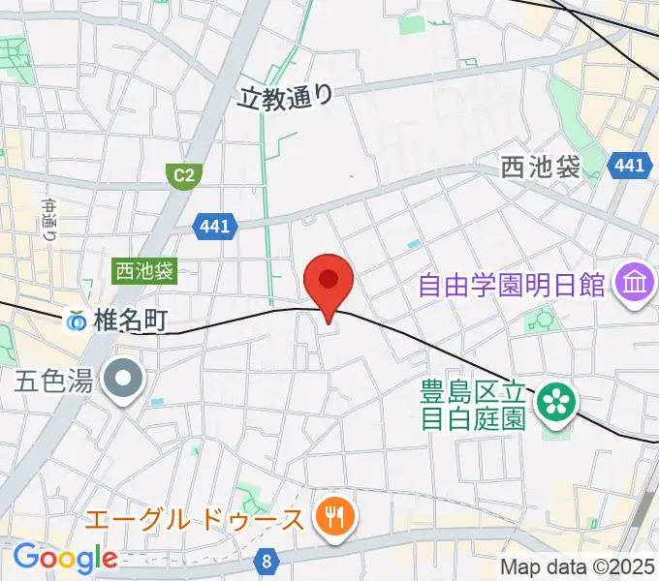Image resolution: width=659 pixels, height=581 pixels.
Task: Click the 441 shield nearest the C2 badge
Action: pyautogui.click(x=213, y=226)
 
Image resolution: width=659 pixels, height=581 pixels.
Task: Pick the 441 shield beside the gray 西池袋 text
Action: pyautogui.click(x=629, y=167)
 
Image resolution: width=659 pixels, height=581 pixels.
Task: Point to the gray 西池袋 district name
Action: pyautogui.click(x=541, y=168)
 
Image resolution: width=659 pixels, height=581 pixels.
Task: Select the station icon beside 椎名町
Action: pyautogui.click(x=76, y=320)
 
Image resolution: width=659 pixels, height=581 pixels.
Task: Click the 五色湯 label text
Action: pyautogui.click(x=53, y=380)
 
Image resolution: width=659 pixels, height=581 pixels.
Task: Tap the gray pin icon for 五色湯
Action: pyautogui.click(x=125, y=379)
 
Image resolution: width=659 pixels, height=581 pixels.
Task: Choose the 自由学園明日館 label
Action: pyautogui.click(x=512, y=286)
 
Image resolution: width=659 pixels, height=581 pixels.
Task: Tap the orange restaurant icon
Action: pyautogui.click(x=334, y=517)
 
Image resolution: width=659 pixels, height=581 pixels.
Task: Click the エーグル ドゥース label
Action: pyautogui.click(x=194, y=520)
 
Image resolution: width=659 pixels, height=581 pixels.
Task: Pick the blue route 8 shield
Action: pyautogui.click(x=267, y=560)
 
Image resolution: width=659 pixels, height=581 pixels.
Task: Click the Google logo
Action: pyautogui.click(x=65, y=558)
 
